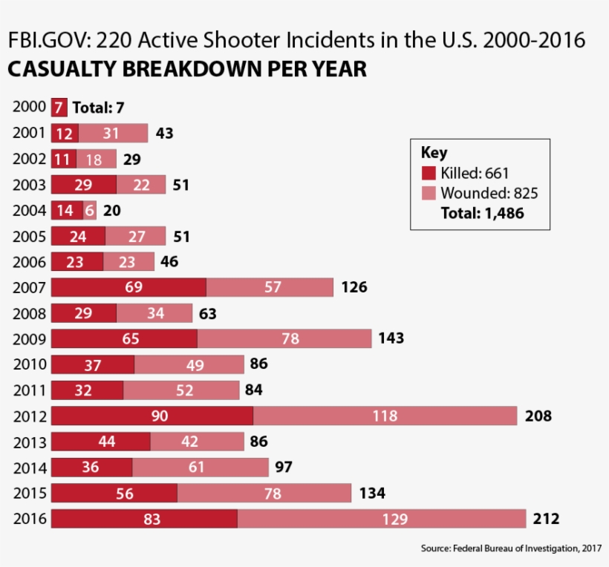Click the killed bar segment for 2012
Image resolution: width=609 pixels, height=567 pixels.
(152, 416)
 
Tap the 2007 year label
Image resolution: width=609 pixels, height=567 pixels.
(30, 287)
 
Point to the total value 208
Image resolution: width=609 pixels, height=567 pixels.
(538, 416)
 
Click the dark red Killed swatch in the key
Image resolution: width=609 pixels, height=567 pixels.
(429, 174)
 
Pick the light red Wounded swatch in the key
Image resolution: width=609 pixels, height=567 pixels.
(429, 194)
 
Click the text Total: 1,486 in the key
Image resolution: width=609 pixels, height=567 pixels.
(482, 214)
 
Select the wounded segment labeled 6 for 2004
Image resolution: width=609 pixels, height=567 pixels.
(90, 210)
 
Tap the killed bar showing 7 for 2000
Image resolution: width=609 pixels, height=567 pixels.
(59, 108)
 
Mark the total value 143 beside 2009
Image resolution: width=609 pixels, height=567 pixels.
(391, 338)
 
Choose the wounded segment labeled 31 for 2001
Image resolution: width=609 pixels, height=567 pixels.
(113, 134)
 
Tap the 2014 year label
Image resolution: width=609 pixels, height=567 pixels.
(30, 468)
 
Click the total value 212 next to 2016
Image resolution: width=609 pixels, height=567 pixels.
(546, 519)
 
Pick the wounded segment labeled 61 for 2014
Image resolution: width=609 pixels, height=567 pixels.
(201, 468)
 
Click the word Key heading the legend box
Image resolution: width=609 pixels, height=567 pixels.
(434, 153)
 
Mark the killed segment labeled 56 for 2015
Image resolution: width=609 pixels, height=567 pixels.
(114, 493)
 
